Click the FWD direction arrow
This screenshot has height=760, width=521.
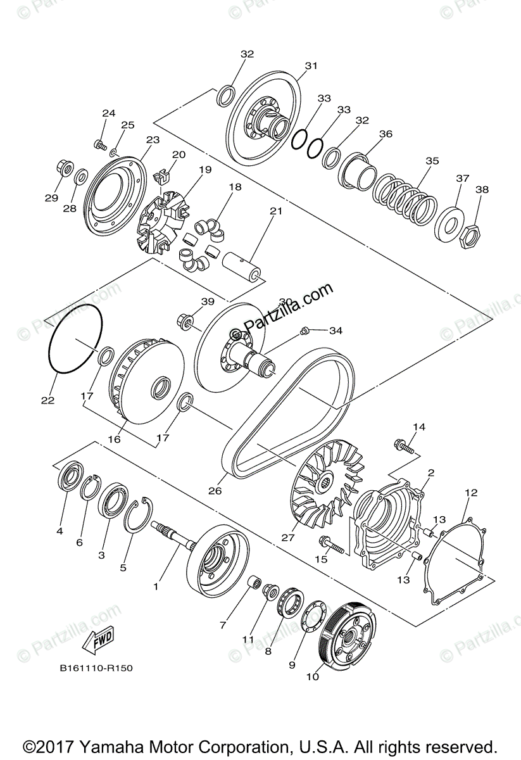(x=97, y=642)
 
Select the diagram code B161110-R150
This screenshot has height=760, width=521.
(x=96, y=668)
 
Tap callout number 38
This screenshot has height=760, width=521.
(x=482, y=189)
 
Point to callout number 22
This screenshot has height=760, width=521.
(x=47, y=400)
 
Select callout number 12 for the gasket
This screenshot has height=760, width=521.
(x=470, y=492)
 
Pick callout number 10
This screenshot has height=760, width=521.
(x=311, y=676)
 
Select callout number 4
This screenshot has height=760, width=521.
(x=60, y=531)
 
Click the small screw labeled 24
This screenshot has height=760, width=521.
(x=99, y=145)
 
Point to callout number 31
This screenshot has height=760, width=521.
(x=310, y=65)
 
